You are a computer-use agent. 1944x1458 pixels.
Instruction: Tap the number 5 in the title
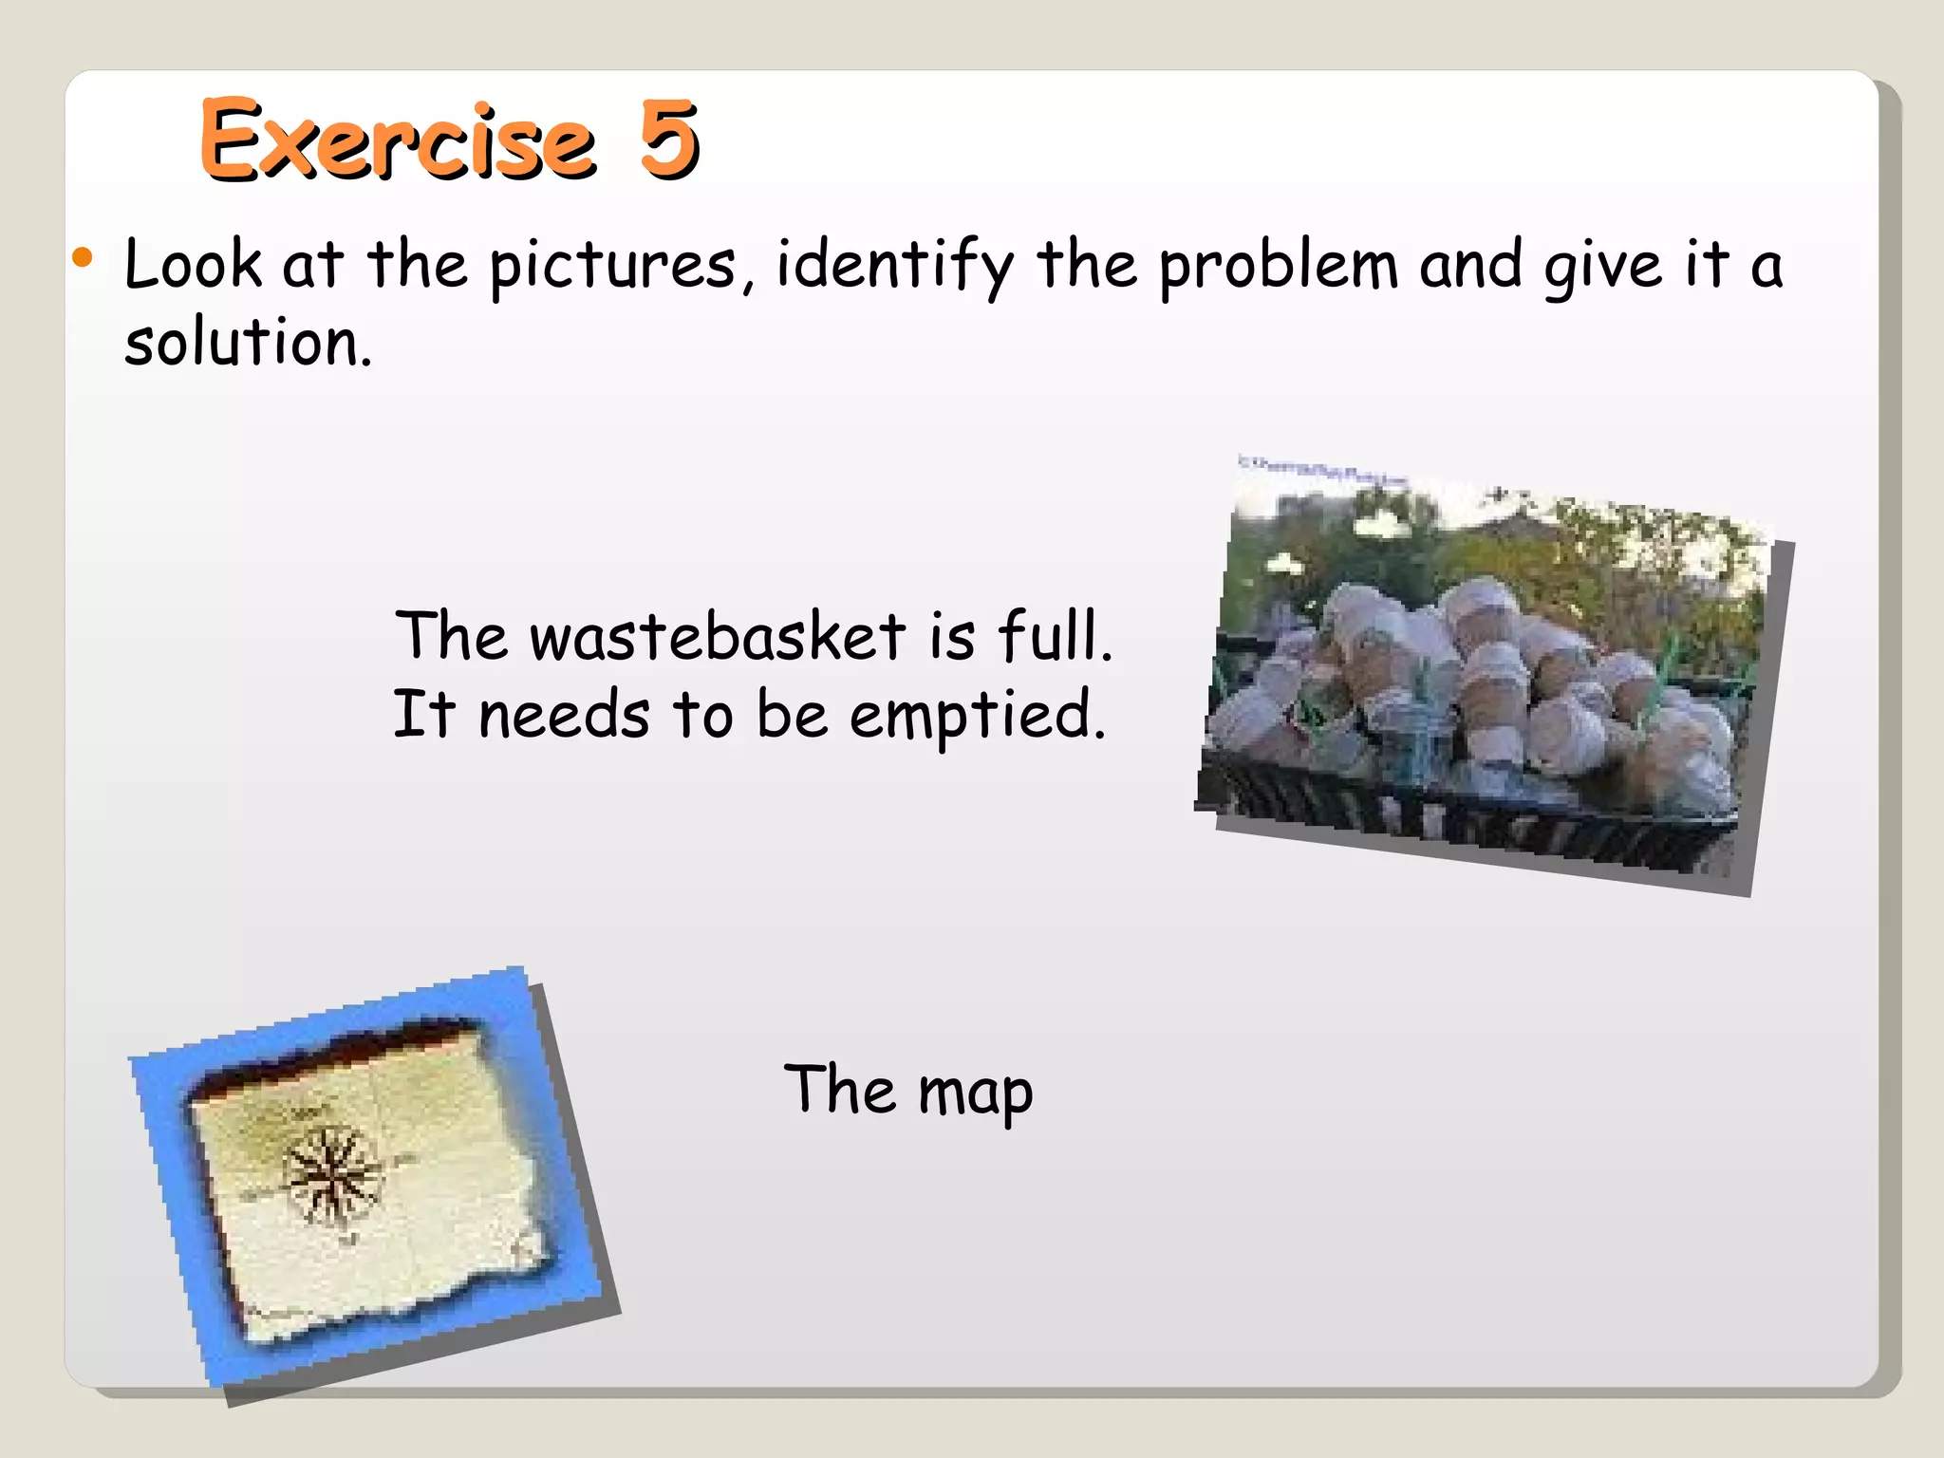click(668, 140)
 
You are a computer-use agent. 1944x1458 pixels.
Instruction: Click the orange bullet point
click(84, 257)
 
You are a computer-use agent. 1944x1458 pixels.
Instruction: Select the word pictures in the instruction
click(613, 266)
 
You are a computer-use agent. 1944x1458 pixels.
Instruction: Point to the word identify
click(894, 266)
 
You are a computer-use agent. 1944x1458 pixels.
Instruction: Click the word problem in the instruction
click(1278, 266)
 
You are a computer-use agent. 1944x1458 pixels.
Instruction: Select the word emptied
click(978, 717)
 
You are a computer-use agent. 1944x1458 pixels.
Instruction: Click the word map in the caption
click(975, 1093)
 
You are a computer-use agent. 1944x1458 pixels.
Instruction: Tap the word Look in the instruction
click(193, 266)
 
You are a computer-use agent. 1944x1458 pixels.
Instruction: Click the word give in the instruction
click(1602, 266)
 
